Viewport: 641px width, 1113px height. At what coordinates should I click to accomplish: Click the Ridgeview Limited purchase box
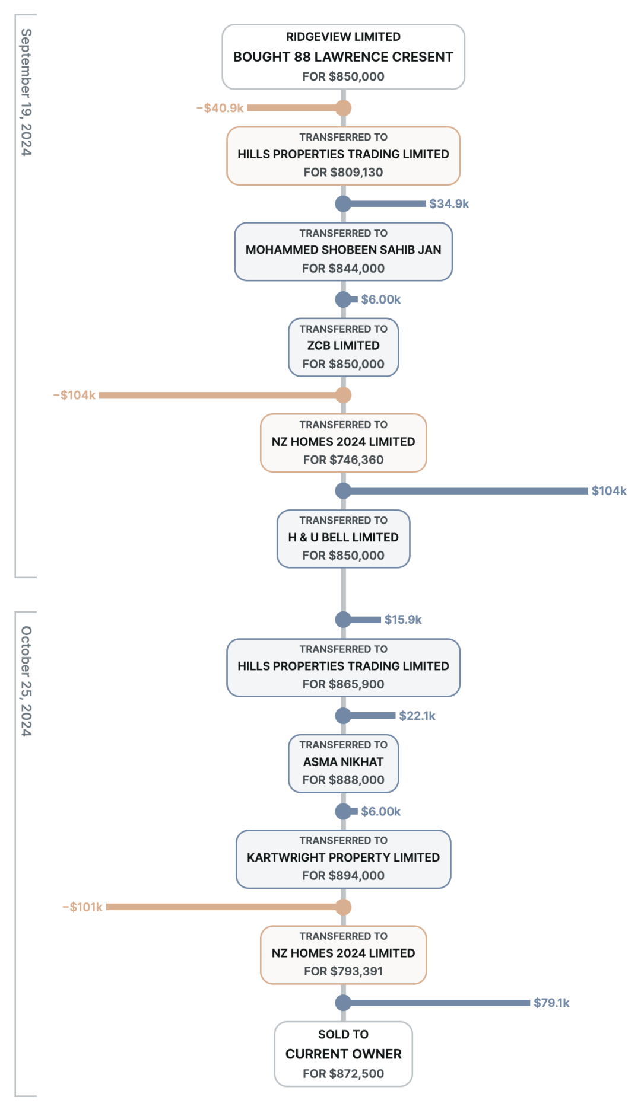343,57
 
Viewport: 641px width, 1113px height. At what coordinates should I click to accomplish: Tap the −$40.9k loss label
220,108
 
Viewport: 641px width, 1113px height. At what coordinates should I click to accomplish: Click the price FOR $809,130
343,172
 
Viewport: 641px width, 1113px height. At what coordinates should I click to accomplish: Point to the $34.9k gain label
449,204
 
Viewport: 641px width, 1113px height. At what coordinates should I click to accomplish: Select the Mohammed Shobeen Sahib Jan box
343,251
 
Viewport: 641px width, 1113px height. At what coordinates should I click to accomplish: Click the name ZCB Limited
343,346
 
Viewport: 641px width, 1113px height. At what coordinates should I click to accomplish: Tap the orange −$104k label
74,395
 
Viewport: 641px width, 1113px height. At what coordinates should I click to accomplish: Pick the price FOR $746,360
343,460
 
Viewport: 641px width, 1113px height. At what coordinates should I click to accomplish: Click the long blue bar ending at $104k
466,491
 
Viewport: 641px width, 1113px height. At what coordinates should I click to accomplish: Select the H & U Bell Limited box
343,539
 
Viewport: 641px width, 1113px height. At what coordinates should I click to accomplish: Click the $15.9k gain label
403,620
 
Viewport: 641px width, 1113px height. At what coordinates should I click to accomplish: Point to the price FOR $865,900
343,684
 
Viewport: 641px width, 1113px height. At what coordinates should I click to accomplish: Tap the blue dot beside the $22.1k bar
343,716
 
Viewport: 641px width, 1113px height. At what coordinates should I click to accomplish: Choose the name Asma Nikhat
343,762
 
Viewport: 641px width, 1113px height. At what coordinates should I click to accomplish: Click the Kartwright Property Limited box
343,859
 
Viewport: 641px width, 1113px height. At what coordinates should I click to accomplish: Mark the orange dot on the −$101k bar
343,907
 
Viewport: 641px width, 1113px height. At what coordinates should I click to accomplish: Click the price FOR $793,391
343,971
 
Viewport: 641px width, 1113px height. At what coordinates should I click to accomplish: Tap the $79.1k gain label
551,1003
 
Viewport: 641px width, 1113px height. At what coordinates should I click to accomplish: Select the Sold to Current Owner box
343,1054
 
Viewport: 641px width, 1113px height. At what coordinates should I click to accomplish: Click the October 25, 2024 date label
26,681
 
